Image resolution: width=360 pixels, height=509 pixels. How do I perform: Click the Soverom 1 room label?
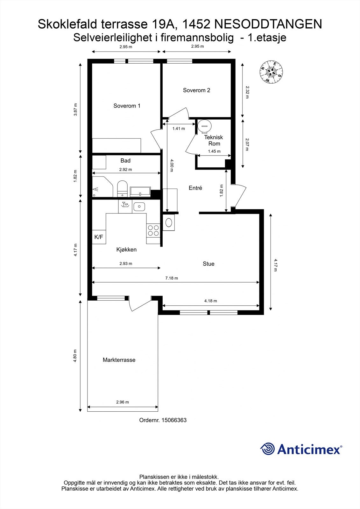pos(127,106)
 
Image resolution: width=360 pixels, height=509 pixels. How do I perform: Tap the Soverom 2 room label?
pos(196,90)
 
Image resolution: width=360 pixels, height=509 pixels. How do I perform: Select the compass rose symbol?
pos(271,72)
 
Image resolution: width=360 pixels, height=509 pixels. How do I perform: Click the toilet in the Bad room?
pos(122,189)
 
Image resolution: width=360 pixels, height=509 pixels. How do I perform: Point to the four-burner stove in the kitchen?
pos(153,230)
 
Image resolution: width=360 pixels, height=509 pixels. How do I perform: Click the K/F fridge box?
pos(99,237)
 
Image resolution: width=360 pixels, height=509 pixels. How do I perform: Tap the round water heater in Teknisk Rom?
pos(204,126)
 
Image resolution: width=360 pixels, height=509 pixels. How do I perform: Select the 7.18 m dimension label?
pos(172,278)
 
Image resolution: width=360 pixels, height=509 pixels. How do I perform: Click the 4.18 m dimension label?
pos(210,301)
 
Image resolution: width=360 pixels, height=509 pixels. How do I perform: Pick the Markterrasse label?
pos(119,360)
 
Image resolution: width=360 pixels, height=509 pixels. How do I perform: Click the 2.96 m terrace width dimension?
pos(123,402)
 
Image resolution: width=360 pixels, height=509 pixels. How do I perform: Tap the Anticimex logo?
pos(301,449)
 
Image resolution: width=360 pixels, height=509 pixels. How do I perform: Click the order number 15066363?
pos(174,420)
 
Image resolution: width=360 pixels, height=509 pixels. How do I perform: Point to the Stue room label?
pos(208,264)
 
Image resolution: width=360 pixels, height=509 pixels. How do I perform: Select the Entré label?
pos(195,188)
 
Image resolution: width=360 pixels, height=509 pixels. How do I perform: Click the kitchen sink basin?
pos(139,207)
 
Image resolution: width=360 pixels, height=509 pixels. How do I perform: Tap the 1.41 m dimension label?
pos(179,129)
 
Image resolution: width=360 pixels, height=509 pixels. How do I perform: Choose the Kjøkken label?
pos(126,250)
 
